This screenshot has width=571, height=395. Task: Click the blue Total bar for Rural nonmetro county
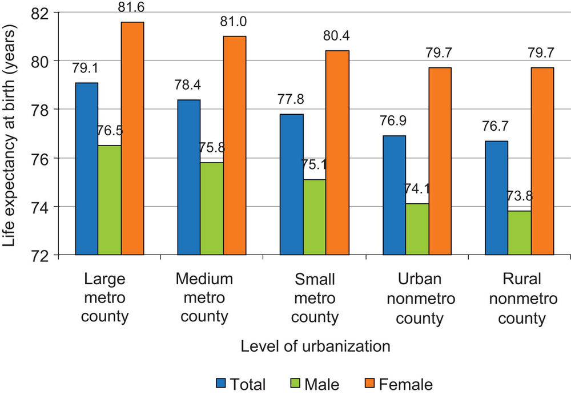pyautogui.click(x=496, y=197)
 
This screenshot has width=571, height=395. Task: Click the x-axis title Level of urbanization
pyautogui.click(x=315, y=346)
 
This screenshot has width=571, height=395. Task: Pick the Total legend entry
pyautogui.click(x=240, y=384)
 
